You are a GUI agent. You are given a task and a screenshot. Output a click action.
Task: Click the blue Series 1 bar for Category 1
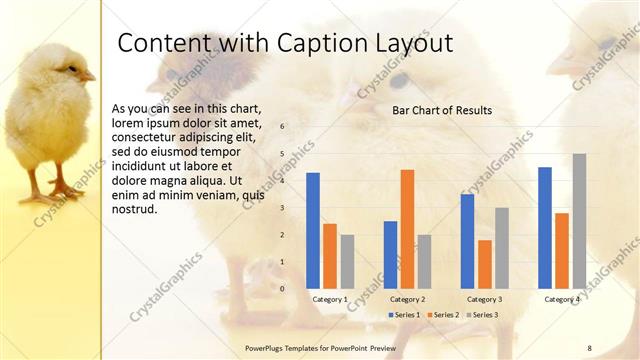click(313, 230)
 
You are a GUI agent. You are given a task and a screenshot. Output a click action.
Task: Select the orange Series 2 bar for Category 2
click(407, 229)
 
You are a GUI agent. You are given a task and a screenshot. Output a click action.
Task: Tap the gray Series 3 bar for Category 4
click(579, 221)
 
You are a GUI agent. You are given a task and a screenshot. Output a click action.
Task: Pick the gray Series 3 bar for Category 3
click(502, 248)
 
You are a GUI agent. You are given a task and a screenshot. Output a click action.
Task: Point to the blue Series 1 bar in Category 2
click(390, 254)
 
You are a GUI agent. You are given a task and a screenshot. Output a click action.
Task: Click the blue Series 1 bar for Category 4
click(545, 227)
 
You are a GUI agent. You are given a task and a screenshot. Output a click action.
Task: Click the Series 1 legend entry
click(404, 315)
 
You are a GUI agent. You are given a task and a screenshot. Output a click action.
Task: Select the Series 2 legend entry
click(445, 315)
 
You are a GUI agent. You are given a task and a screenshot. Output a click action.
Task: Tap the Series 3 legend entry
click(483, 315)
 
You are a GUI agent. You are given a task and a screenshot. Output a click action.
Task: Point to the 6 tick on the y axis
click(283, 127)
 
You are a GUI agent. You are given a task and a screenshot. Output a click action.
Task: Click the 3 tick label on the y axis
click(283, 208)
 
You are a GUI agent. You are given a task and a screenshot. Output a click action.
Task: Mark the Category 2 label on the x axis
click(407, 299)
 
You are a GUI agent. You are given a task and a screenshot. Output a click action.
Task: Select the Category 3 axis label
click(485, 299)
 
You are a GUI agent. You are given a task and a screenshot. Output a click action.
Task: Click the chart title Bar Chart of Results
click(442, 110)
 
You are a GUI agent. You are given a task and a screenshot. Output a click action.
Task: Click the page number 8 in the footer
click(589, 348)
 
